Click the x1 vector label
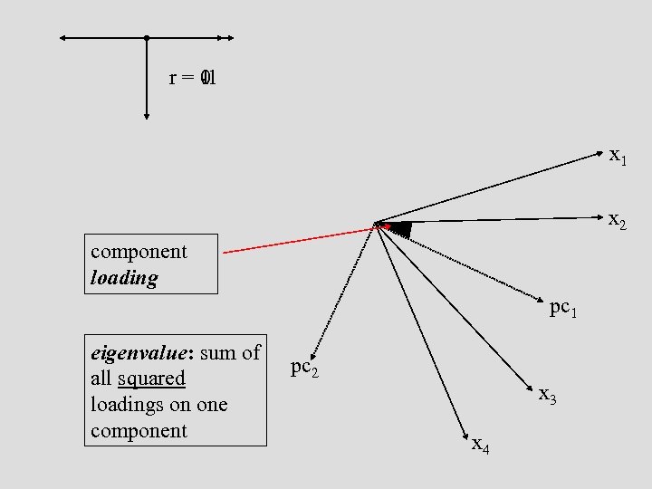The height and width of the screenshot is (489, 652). [x=618, y=156]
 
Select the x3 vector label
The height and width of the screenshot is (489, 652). [x=547, y=396]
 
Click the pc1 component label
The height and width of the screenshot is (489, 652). [x=561, y=309]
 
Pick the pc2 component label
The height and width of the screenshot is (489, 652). [x=303, y=368]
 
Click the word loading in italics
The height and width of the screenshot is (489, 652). [x=124, y=278]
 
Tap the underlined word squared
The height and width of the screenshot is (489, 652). [x=150, y=379]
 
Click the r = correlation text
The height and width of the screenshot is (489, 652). [x=192, y=79]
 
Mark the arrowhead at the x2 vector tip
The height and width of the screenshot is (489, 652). [x=600, y=218]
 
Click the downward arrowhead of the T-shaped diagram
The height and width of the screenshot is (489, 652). [x=147, y=116]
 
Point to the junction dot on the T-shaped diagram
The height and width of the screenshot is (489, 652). [x=147, y=38]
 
